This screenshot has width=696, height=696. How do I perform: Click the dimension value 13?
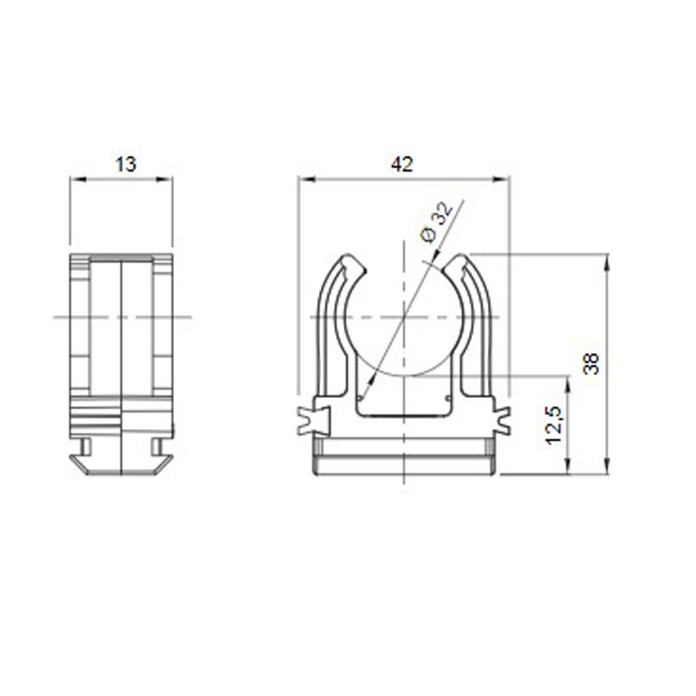click(x=125, y=164)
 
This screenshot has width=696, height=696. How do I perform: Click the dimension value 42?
click(x=402, y=164)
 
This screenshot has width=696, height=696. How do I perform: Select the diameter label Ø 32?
click(x=438, y=222)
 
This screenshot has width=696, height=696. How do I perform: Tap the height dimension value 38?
click(x=592, y=364)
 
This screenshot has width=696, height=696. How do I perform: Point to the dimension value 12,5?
click(x=554, y=425)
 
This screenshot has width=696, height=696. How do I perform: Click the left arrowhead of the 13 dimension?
click(x=77, y=179)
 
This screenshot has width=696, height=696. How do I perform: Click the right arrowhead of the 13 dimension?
click(x=164, y=179)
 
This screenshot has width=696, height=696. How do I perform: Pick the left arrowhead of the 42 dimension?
click(x=307, y=179)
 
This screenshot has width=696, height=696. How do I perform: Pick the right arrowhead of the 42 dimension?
click(x=502, y=179)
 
